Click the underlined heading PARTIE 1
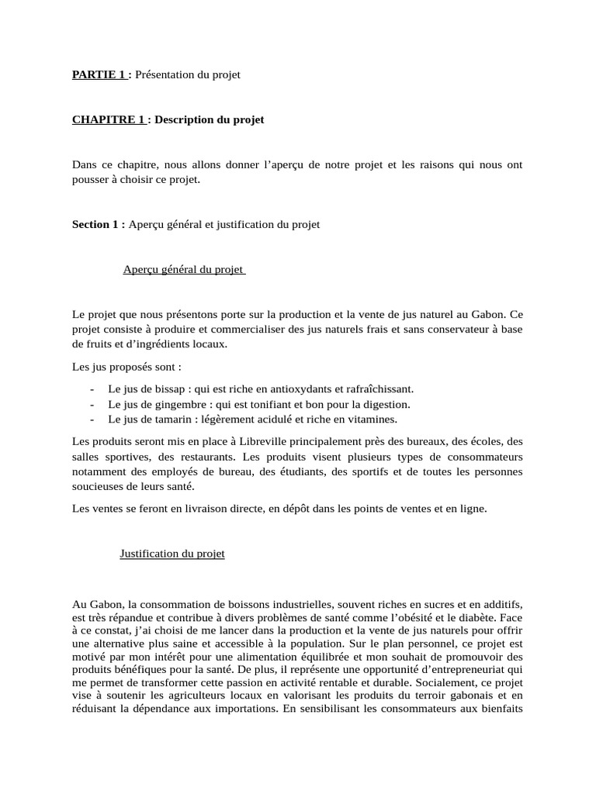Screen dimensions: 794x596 tap(99, 74)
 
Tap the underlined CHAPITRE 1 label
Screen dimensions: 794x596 tap(108, 119)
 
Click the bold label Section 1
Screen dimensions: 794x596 tap(98, 224)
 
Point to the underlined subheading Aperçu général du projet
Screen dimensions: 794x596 tap(183, 269)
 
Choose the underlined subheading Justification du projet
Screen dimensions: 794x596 tap(172, 554)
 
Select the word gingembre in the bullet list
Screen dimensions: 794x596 tap(173, 404)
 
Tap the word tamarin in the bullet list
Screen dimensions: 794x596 tap(165, 419)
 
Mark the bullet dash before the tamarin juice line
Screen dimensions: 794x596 tap(92, 419)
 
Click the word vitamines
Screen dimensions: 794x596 tap(369, 419)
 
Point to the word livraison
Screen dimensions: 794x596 tap(183, 509)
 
